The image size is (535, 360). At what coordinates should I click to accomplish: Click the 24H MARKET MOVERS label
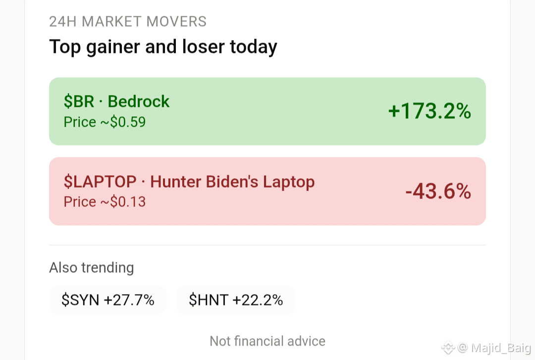point(128,21)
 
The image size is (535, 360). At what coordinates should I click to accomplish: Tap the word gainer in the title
point(113,48)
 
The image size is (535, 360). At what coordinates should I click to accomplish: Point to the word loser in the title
point(204,47)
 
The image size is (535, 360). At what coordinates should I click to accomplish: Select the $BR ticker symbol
point(79,102)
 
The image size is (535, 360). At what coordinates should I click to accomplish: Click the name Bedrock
point(139,102)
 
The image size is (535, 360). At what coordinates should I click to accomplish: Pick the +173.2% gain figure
point(429,111)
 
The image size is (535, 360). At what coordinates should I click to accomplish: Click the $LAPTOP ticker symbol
point(100,182)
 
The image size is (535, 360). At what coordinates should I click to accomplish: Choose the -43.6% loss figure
point(438,191)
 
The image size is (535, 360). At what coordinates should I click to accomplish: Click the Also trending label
point(92,267)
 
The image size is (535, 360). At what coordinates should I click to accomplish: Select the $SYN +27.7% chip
point(108,300)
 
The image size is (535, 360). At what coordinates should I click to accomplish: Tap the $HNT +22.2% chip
point(236,300)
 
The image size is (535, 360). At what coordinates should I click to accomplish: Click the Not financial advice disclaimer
point(267,341)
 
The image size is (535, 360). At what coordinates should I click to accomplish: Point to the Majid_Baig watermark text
point(501,348)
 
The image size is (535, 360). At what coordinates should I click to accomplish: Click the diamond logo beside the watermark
point(448,348)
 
